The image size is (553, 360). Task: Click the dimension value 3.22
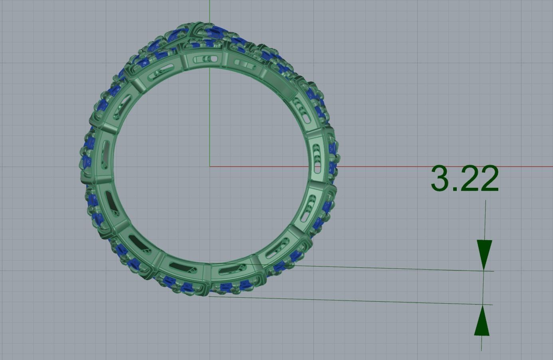[465, 179]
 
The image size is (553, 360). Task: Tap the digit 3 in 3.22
[440, 179]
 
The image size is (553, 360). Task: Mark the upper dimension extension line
[391, 268]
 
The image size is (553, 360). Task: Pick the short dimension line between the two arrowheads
[483, 288]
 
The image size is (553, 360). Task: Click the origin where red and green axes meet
[210, 166]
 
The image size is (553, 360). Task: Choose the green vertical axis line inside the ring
[210, 120]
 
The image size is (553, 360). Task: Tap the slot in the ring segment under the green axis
[207, 60]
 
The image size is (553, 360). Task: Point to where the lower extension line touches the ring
[209, 296]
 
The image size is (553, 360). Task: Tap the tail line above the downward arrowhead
[485, 220]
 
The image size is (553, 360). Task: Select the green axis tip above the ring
[210, 10]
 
